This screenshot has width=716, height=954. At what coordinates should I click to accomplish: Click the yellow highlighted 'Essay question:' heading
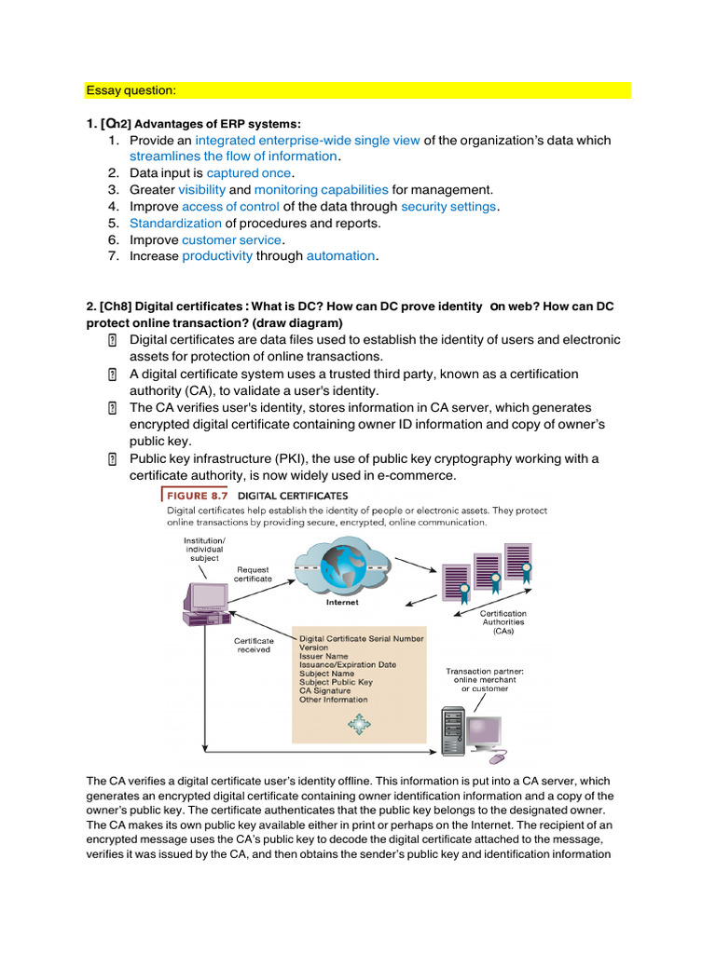(x=131, y=90)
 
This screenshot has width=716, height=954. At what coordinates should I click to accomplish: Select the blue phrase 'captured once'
(x=249, y=173)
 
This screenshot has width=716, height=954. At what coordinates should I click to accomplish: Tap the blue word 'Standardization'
(x=175, y=224)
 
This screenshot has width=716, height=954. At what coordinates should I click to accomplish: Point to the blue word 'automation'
(x=341, y=256)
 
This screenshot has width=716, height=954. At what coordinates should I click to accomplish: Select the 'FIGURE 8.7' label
(x=198, y=496)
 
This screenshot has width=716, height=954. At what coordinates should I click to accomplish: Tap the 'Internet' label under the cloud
(x=342, y=603)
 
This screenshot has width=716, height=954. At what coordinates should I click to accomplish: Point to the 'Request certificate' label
(x=254, y=574)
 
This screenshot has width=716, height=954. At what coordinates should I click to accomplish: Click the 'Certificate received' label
(x=254, y=645)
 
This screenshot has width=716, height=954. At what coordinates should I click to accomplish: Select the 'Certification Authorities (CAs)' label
(x=503, y=622)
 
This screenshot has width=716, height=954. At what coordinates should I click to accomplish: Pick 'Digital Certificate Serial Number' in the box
(x=361, y=639)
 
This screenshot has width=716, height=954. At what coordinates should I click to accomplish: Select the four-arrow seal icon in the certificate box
(x=360, y=724)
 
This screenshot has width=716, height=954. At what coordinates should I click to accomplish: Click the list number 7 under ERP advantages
(x=113, y=256)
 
